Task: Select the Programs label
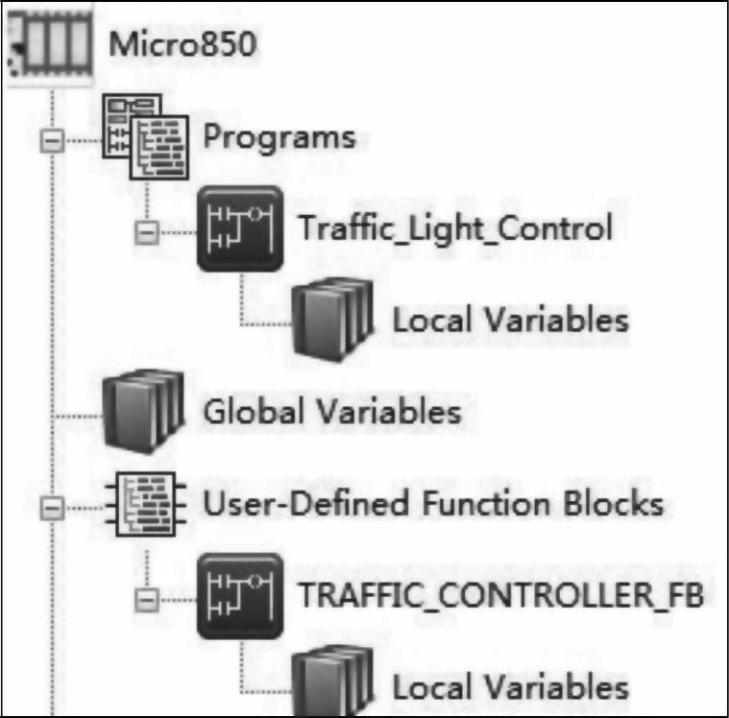pyautogui.click(x=279, y=137)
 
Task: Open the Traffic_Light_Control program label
pyautogui.click(x=454, y=228)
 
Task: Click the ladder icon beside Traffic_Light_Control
pyautogui.click(x=239, y=227)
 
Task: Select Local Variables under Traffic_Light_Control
pyautogui.click(x=510, y=319)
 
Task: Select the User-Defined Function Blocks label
pyautogui.click(x=433, y=502)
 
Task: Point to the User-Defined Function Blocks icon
pyautogui.click(x=145, y=501)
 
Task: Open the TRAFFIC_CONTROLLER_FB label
pyautogui.click(x=501, y=595)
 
